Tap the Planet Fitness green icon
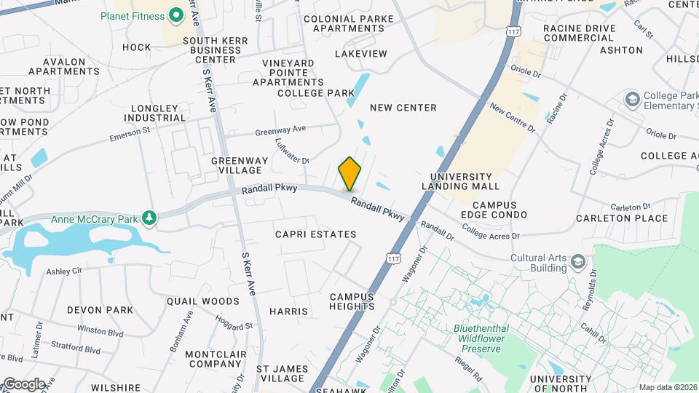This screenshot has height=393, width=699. click(x=175, y=15)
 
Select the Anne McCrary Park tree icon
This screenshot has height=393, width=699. click(x=149, y=218)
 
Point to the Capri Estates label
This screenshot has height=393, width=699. click(x=316, y=234)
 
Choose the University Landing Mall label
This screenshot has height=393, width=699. click(x=471, y=181)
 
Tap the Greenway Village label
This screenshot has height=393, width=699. click(x=236, y=165)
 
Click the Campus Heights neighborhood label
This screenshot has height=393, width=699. click(x=352, y=301)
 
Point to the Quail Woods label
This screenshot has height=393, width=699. click(x=202, y=301)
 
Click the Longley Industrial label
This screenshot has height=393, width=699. click(x=155, y=113)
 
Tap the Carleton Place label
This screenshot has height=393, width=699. click(x=621, y=218)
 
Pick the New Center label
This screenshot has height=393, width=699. click(x=403, y=108)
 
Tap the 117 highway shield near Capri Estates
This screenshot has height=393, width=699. click(x=394, y=258)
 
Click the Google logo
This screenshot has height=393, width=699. click(x=24, y=384)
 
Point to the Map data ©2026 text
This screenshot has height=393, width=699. click(x=668, y=387)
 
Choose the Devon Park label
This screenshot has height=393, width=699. click(x=100, y=310)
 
